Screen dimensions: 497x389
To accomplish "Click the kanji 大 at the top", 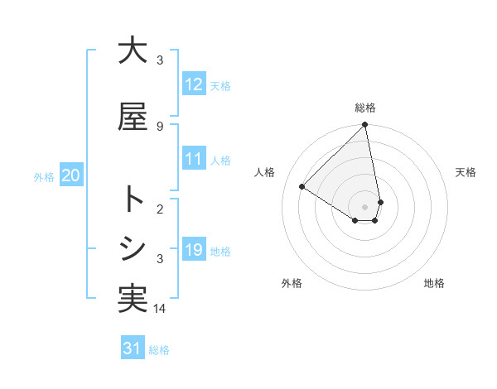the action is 133,50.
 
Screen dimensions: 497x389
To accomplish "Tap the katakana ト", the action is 133,199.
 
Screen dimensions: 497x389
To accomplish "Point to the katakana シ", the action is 133,248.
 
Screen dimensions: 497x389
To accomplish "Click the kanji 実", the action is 133,298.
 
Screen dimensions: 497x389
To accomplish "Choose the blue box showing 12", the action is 194,84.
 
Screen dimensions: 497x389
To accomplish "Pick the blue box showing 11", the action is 194,159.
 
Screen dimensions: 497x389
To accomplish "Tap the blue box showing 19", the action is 194,250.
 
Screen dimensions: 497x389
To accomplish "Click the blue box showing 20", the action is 70,175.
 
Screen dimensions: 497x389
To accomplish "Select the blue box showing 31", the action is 133,348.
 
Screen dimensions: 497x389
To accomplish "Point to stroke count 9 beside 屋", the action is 160,126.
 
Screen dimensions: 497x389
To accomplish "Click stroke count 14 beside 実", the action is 160,309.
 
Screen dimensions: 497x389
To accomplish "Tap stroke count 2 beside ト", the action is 160,209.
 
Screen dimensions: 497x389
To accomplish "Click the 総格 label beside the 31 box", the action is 159,350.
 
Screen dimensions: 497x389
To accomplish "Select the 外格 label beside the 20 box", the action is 44,176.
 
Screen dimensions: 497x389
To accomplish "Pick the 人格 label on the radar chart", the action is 265,171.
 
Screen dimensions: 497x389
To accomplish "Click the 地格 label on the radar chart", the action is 434,283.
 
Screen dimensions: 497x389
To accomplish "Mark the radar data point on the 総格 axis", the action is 365,125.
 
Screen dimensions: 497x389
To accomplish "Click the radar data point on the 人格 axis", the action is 302,186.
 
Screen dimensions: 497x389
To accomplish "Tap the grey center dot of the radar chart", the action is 365,206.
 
